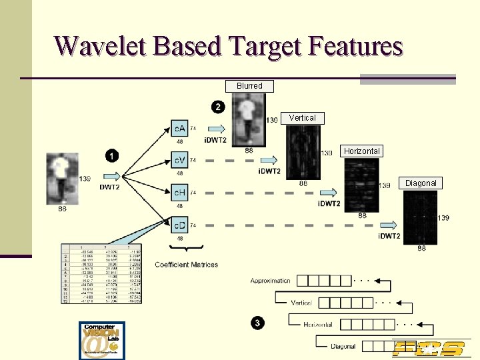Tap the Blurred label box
pos(249,86)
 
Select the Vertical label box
pos(302,118)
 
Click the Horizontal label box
pos(361,151)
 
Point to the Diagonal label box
pos(421,183)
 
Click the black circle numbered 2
pos(218,107)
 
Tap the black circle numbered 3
pos(257,323)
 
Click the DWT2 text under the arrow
pos(110,187)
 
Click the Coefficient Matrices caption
pos(186,265)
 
